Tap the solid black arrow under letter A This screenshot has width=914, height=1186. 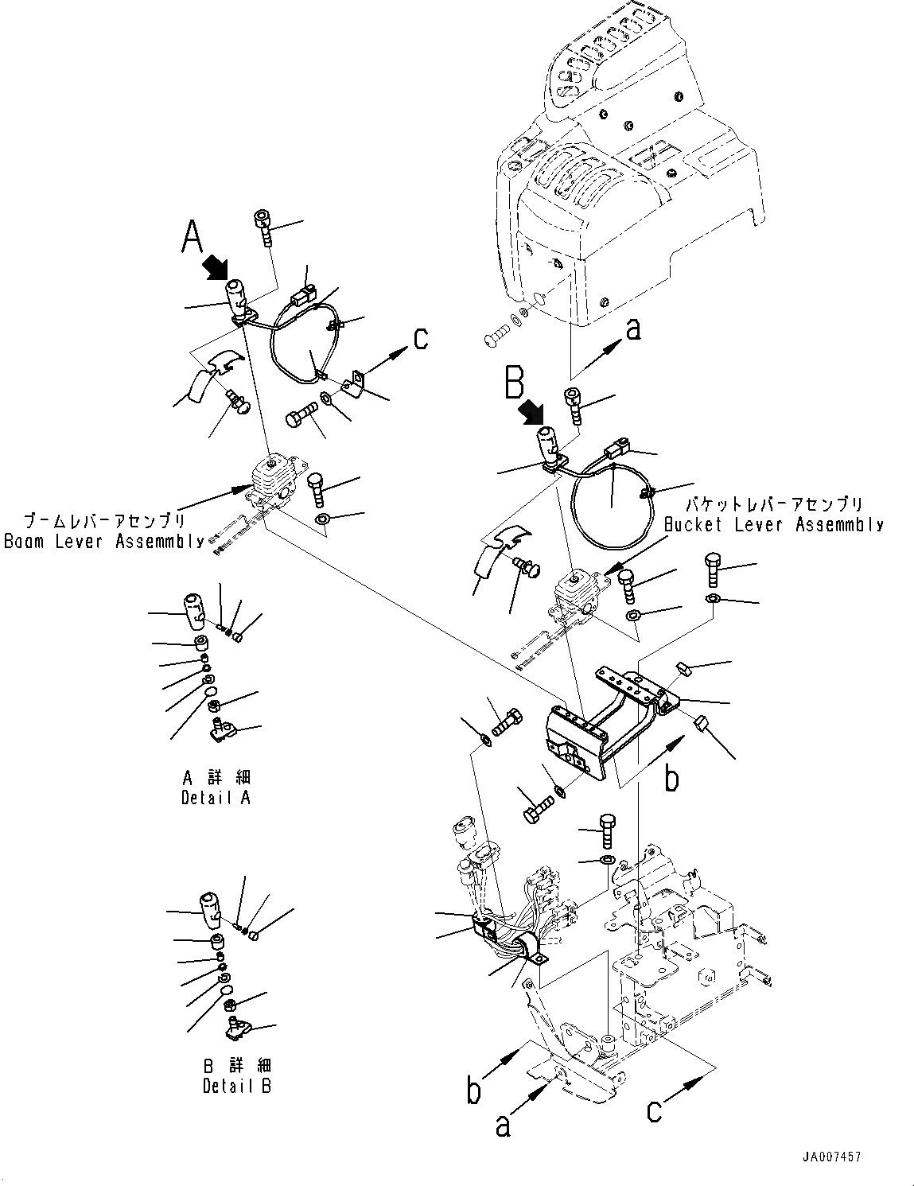(215, 266)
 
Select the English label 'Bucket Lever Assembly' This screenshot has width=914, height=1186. (773, 524)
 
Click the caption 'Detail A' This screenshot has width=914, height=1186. (216, 797)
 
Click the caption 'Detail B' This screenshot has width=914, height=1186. (236, 1086)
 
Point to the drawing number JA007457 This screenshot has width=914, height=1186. (831, 1157)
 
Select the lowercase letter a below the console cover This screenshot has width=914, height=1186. (632, 329)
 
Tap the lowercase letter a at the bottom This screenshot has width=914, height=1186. (503, 1125)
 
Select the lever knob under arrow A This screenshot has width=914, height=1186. (237, 296)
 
